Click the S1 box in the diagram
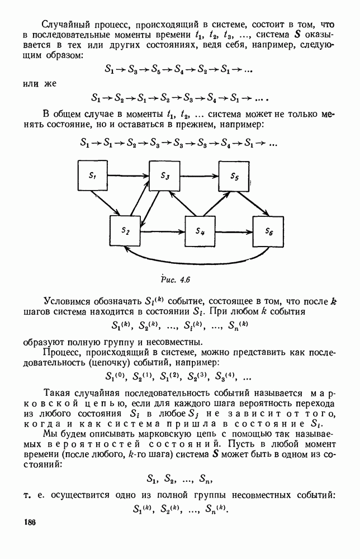(x=92, y=176)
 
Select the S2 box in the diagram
(x=126, y=230)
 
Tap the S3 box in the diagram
(x=165, y=176)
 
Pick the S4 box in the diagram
(x=200, y=230)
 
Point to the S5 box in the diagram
(x=234, y=176)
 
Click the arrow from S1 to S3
(x=128, y=176)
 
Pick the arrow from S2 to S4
(x=163, y=230)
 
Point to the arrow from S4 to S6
(x=235, y=230)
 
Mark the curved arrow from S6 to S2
(x=196, y=260)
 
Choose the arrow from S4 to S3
(x=181, y=203)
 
